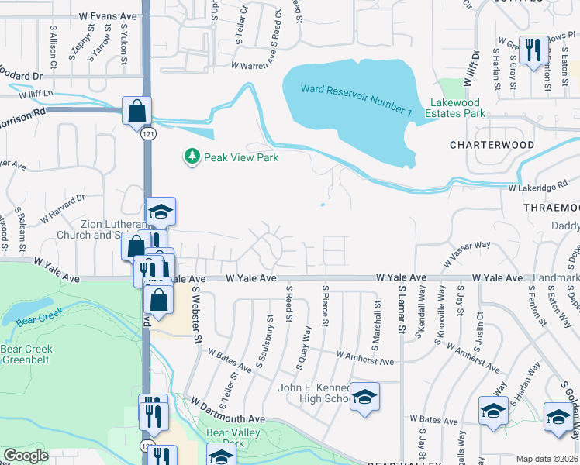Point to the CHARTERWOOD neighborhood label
(x=492, y=145)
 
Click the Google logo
(x=26, y=456)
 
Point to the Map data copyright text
(x=546, y=459)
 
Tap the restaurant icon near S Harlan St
(x=532, y=51)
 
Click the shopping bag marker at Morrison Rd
(x=136, y=110)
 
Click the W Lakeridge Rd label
(x=534, y=188)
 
